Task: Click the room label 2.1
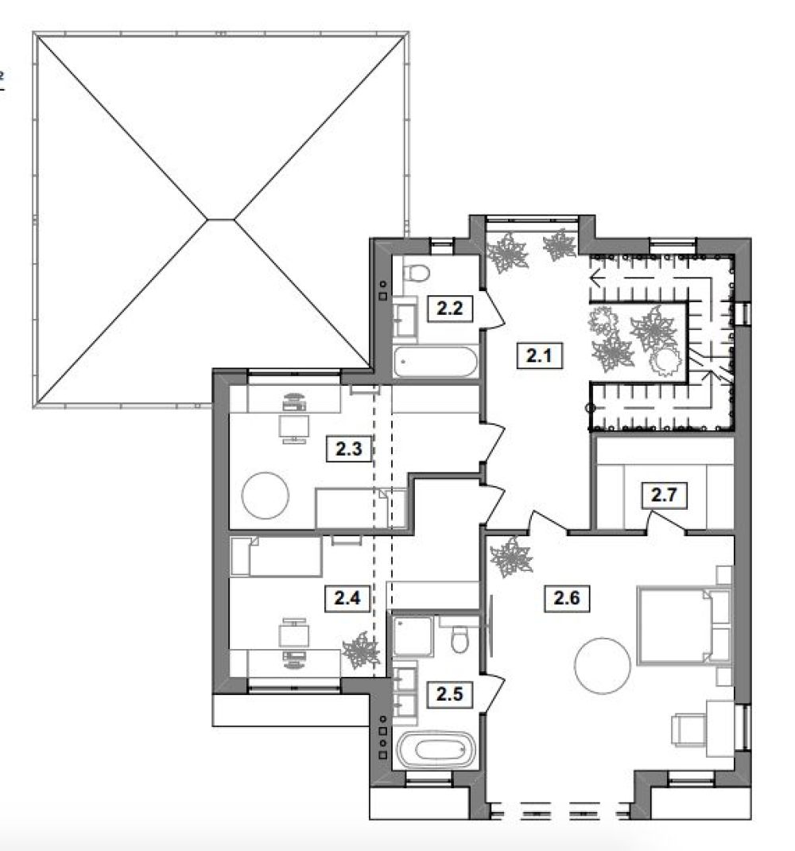coord(539,356)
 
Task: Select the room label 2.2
coord(450,309)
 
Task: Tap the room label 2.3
coord(348,449)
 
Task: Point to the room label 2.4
coord(347,598)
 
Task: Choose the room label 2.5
coord(450,694)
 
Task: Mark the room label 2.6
coord(567,598)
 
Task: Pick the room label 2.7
coord(664,495)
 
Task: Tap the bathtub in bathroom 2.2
coord(436,362)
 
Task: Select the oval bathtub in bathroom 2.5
coord(436,749)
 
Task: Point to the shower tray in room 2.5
coord(413,635)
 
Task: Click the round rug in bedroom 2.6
coord(603,666)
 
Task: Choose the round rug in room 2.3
coord(266,495)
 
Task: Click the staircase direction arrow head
coord(595,279)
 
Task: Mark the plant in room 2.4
coord(362,651)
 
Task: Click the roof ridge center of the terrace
coord(221,220)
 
